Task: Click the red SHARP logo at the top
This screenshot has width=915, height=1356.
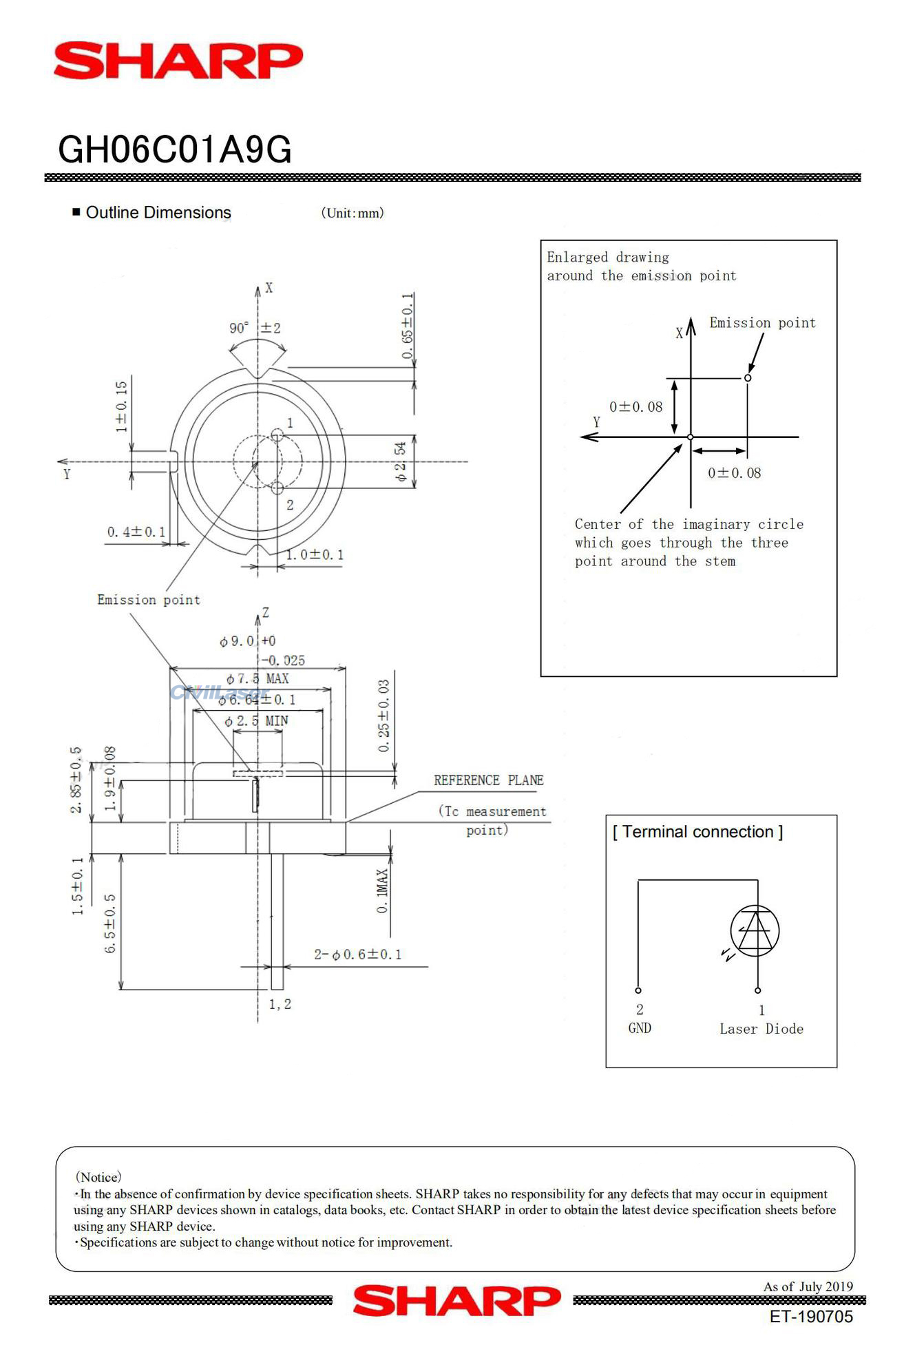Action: (178, 61)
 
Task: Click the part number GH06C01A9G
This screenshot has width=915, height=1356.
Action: (175, 149)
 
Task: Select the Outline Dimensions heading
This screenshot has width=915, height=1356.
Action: (158, 213)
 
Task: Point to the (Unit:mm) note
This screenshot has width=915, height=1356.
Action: (352, 213)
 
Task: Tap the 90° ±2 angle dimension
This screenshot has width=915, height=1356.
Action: (255, 328)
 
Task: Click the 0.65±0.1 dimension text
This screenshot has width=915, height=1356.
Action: (408, 326)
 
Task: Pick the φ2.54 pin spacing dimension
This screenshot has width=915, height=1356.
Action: (400, 461)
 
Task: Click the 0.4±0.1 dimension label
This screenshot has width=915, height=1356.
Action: (136, 532)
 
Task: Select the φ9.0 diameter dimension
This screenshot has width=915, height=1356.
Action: (238, 641)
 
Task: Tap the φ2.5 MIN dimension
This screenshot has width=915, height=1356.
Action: (256, 721)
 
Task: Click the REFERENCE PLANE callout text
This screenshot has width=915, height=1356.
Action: (488, 780)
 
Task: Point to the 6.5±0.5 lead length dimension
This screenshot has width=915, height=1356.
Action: (110, 923)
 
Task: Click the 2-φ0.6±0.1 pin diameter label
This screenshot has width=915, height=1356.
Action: (357, 955)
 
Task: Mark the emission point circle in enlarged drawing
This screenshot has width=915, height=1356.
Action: (748, 377)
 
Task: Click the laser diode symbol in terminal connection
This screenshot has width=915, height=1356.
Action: (755, 930)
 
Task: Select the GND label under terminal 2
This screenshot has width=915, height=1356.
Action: (640, 1028)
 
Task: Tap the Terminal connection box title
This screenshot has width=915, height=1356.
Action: (697, 832)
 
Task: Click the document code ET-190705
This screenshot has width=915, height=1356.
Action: (810, 1317)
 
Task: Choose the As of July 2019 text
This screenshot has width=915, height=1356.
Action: (808, 1286)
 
